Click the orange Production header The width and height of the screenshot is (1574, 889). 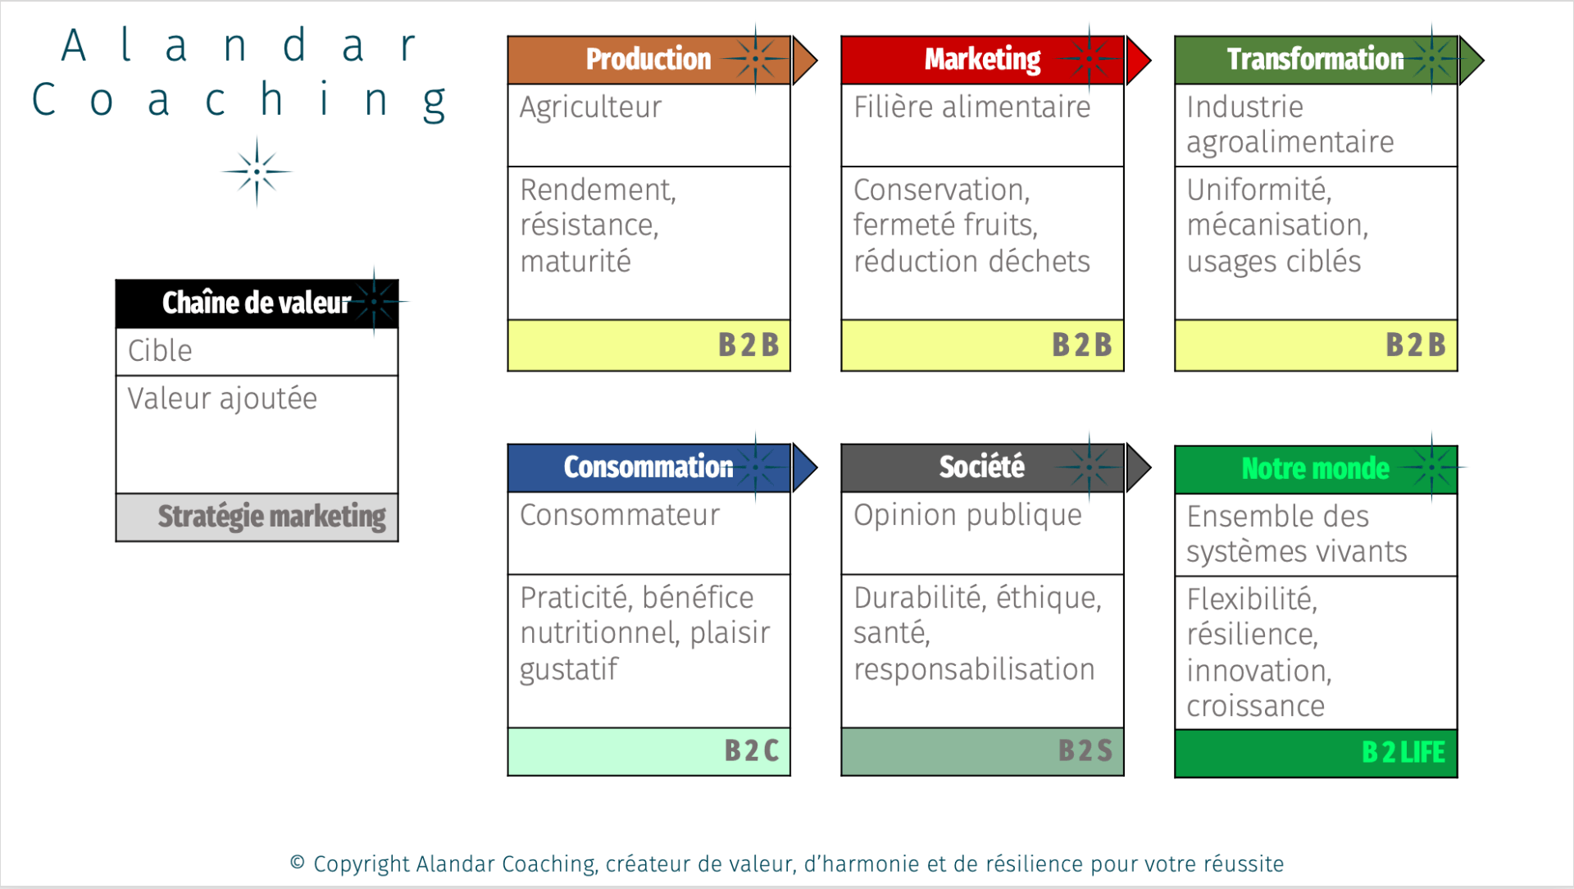click(x=648, y=60)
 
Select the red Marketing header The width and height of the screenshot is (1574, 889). click(x=982, y=60)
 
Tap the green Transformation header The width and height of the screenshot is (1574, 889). click(x=1316, y=60)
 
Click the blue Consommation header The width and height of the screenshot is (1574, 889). click(x=648, y=467)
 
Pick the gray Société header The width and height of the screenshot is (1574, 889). click(x=982, y=467)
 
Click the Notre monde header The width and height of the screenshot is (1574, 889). click(x=1316, y=469)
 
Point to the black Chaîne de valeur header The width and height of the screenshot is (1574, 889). click(x=257, y=303)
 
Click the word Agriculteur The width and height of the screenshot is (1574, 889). click(x=590, y=107)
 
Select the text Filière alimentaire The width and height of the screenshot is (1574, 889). click(x=972, y=107)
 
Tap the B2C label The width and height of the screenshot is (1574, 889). click(x=752, y=750)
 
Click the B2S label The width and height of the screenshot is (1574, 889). click(x=1085, y=750)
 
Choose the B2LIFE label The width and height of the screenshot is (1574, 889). click(x=1403, y=752)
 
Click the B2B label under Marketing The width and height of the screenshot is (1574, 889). click(x=1082, y=345)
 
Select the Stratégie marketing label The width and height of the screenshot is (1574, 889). click(x=271, y=517)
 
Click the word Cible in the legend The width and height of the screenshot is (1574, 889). click(x=160, y=351)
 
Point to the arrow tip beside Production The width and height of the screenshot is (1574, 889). click(x=817, y=60)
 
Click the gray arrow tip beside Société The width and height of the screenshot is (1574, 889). click(x=1151, y=467)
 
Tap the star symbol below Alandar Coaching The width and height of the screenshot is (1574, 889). click(x=257, y=171)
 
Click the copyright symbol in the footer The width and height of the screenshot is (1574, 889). click(x=298, y=862)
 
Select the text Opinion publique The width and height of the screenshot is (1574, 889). click(x=967, y=515)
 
